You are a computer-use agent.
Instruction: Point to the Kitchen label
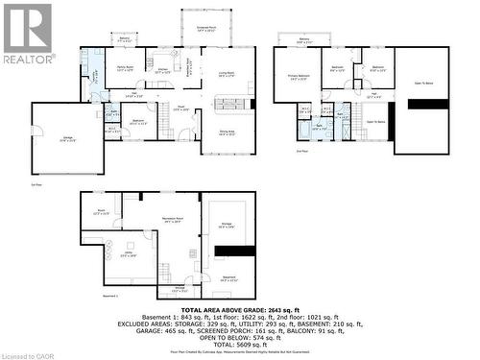coord(163,69)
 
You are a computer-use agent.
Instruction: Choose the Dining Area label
coord(227,133)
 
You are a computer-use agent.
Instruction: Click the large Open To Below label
coord(422,84)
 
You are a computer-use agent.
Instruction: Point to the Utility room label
coord(128,254)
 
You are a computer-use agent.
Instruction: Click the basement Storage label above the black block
coord(227,226)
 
